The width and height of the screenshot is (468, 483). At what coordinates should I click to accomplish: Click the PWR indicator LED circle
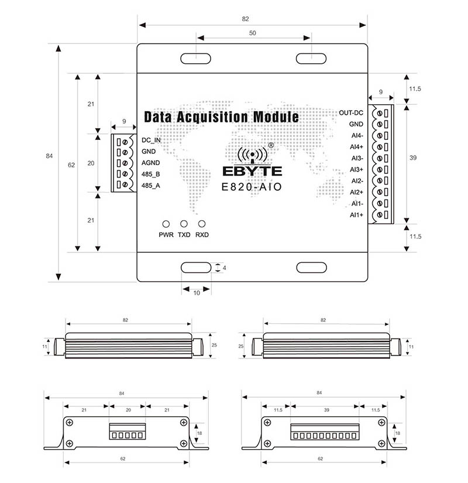166,224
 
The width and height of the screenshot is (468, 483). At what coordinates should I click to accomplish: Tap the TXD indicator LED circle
184,224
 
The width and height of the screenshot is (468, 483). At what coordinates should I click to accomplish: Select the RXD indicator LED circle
202,224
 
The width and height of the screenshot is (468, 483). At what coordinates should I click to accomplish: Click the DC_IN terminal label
151,141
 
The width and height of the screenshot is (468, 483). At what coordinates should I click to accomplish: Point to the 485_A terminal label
150,186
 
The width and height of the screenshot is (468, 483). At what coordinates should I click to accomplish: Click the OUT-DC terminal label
351,112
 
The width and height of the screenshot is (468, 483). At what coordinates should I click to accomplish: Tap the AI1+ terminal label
356,215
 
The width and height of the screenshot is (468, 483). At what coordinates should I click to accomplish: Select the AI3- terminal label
357,158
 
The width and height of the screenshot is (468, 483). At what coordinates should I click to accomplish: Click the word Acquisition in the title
211,117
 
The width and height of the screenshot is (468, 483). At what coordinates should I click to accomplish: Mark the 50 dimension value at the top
252,33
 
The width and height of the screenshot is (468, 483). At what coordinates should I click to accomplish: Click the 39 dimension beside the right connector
413,158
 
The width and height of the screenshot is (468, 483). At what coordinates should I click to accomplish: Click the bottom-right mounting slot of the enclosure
311,268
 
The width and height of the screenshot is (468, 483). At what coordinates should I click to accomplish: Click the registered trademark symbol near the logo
270,145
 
